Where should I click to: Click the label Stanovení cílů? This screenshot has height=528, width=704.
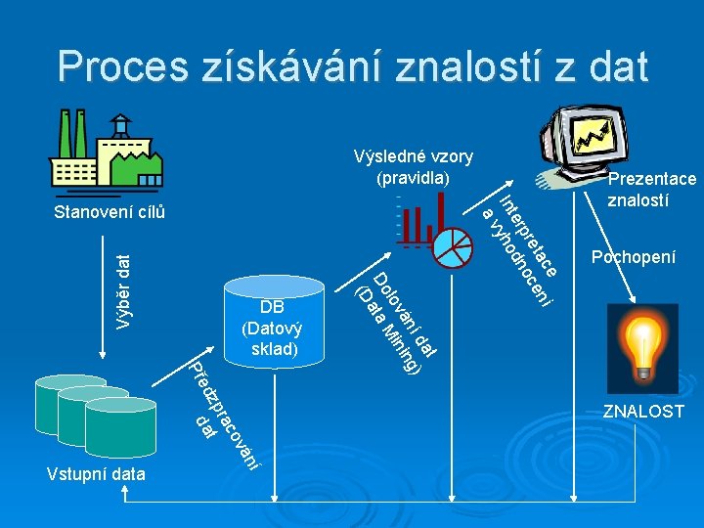coord(110,212)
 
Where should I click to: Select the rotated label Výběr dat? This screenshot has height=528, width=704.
coord(123,290)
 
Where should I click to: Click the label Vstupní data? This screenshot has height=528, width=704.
coord(96,474)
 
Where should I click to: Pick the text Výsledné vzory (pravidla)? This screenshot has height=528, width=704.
coord(413,167)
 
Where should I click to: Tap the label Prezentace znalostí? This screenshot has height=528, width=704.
coord(651,190)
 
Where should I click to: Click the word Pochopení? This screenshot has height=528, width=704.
coord(634,257)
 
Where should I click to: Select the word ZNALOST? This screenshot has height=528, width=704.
coord(642,412)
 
